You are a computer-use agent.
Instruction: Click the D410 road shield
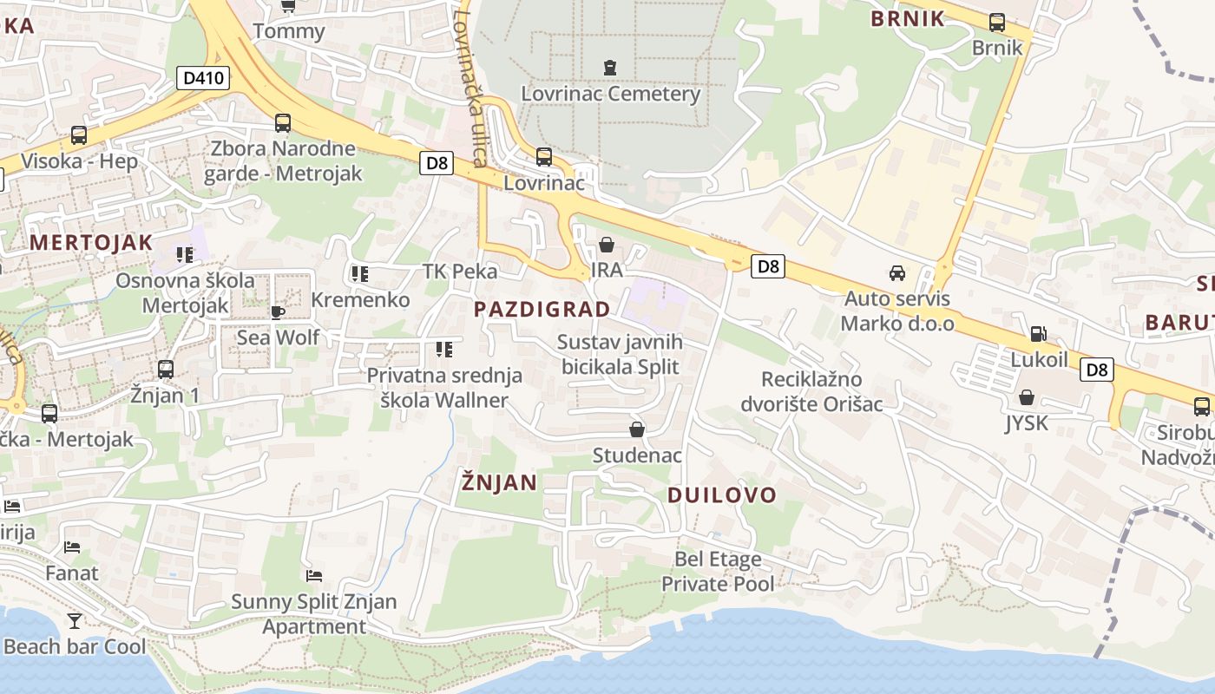[204, 78]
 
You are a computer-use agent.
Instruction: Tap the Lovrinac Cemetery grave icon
[609, 67]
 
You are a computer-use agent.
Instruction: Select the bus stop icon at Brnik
[997, 23]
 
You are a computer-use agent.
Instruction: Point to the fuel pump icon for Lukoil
[1037, 334]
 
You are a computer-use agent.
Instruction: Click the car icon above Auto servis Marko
[897, 273]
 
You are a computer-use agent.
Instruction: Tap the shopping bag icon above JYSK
[1027, 397]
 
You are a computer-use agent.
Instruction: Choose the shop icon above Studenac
[637, 429]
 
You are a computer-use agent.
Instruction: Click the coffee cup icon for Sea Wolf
[278, 311]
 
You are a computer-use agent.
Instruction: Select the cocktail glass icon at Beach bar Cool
[75, 620]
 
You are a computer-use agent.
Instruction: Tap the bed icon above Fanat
[72, 547]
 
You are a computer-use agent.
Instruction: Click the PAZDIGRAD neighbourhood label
[542, 309]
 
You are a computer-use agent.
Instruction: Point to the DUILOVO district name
[721, 495]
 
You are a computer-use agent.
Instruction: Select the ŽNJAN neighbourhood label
[499, 482]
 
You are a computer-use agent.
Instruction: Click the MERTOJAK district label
[91, 242]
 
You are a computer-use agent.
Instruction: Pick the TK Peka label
[460, 272]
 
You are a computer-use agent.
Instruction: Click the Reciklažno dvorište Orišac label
[811, 391]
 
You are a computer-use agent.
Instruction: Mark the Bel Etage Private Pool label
[718, 572]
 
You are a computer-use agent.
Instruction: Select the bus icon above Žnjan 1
[166, 369]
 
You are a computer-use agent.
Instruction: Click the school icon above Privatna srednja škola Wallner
[443, 350]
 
